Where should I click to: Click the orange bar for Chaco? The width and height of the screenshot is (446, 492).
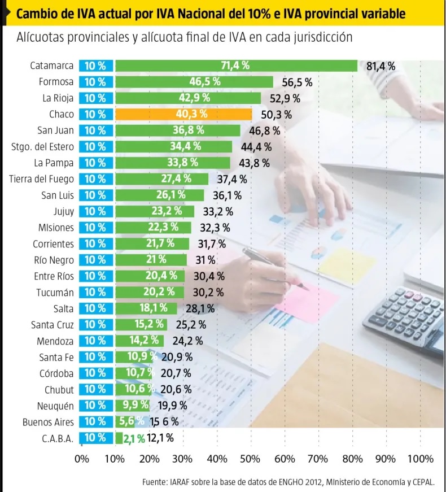coord(183,114)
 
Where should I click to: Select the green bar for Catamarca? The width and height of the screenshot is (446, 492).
coord(236,66)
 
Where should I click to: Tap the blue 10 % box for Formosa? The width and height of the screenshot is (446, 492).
coord(95,82)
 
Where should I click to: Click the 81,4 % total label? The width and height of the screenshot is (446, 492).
coord(381,66)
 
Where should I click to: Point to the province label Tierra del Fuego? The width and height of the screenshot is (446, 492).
coord(41,179)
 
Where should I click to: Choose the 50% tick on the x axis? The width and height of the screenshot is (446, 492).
coord(250,459)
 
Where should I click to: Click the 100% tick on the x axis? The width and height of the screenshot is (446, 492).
coord(420,459)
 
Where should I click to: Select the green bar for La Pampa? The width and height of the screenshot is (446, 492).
coord(173,163)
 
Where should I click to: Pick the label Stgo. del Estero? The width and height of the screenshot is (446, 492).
coord(43,147)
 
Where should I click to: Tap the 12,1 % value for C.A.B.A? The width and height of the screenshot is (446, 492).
coord(160,438)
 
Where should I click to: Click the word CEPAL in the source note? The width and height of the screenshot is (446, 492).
coord(424,482)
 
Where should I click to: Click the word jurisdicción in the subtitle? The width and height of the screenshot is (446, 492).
coord(323,37)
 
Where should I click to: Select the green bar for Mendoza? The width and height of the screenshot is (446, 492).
coord(139,341)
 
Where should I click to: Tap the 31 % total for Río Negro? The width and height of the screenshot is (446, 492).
coord(205,260)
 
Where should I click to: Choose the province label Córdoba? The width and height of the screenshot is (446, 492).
coord(56,373)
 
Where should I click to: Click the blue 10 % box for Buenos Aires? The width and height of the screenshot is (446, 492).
coord(95,422)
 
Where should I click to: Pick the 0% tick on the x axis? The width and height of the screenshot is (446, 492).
coord(81,459)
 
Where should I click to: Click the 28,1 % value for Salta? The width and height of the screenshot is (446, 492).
coord(200,309)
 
